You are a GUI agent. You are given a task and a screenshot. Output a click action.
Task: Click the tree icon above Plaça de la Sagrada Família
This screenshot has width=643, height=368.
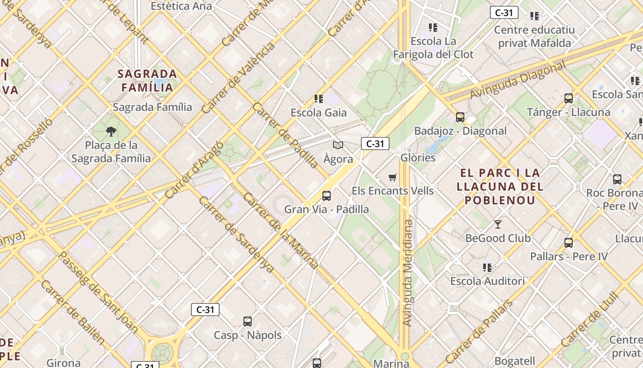[111, 132]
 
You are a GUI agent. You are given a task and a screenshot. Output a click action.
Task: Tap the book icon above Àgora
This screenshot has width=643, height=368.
[338, 145]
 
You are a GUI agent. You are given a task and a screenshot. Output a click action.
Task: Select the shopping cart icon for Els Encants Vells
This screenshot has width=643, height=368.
[392, 177]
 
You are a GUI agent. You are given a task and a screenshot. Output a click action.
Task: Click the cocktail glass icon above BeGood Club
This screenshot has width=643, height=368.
[498, 224]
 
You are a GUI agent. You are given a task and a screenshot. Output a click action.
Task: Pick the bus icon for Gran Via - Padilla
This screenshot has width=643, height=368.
[327, 196]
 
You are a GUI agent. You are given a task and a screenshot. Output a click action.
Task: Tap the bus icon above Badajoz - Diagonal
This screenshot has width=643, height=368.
[460, 117]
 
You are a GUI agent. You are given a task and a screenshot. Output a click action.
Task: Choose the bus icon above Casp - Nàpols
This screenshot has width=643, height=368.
[248, 322]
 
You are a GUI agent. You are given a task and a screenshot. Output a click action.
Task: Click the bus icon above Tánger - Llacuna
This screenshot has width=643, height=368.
[569, 98]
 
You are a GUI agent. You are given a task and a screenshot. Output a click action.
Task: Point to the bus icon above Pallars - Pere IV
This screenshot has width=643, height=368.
[569, 243]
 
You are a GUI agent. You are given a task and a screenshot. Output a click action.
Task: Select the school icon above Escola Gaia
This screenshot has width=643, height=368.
[319, 98]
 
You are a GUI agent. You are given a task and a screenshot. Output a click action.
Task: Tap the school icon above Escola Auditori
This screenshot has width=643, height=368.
[487, 267]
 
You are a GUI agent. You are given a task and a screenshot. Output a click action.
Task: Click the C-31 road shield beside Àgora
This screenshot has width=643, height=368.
[375, 144]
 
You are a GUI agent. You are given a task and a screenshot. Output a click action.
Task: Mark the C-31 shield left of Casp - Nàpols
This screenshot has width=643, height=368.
[205, 310]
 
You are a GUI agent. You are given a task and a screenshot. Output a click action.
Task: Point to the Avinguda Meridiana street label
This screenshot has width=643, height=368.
[407, 273]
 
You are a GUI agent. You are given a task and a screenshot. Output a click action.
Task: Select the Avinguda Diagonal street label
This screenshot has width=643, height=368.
[518, 80]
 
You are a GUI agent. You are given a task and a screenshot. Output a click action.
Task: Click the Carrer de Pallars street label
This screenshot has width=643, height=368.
[479, 332]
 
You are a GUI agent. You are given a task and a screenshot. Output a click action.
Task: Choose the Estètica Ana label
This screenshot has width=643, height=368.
[181, 6]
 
